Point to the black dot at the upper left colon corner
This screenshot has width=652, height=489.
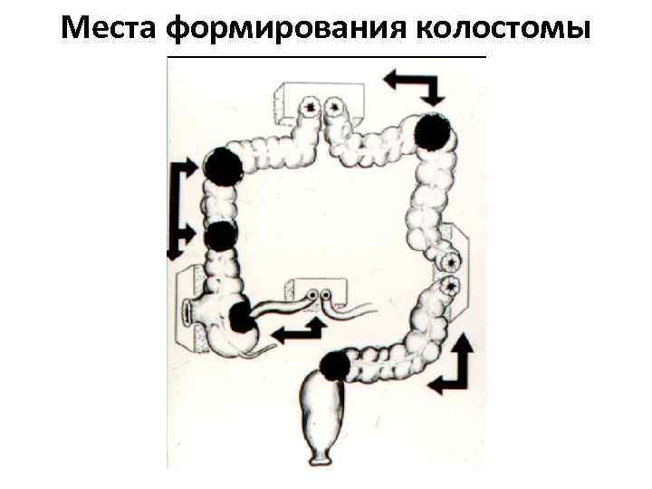(223, 166)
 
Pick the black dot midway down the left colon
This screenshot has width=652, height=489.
(221, 235)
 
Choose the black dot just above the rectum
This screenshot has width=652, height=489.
(334, 365)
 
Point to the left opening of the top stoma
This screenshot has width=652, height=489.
(313, 108)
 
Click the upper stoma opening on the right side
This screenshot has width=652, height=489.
(448, 262)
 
